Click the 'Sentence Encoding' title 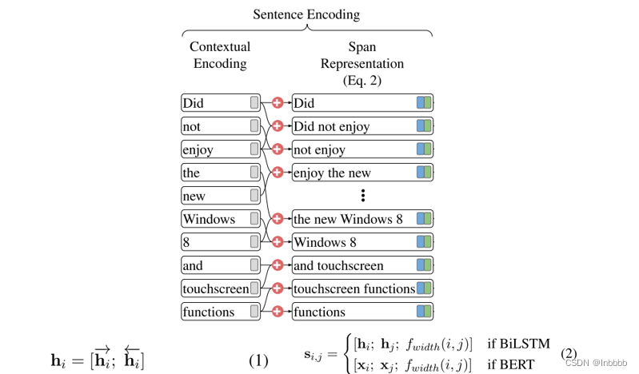coord(306,14)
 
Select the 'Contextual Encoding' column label coord(220,55)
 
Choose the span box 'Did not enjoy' coord(362,126)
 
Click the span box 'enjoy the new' coord(362,173)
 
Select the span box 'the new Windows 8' coord(362,219)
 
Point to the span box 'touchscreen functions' coord(362,288)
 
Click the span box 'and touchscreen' coord(362,265)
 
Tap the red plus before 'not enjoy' coord(278,149)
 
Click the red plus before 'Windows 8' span coord(278,242)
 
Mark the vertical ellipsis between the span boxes coord(362,195)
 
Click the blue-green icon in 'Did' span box coord(424,103)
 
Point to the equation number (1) coord(258,360)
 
